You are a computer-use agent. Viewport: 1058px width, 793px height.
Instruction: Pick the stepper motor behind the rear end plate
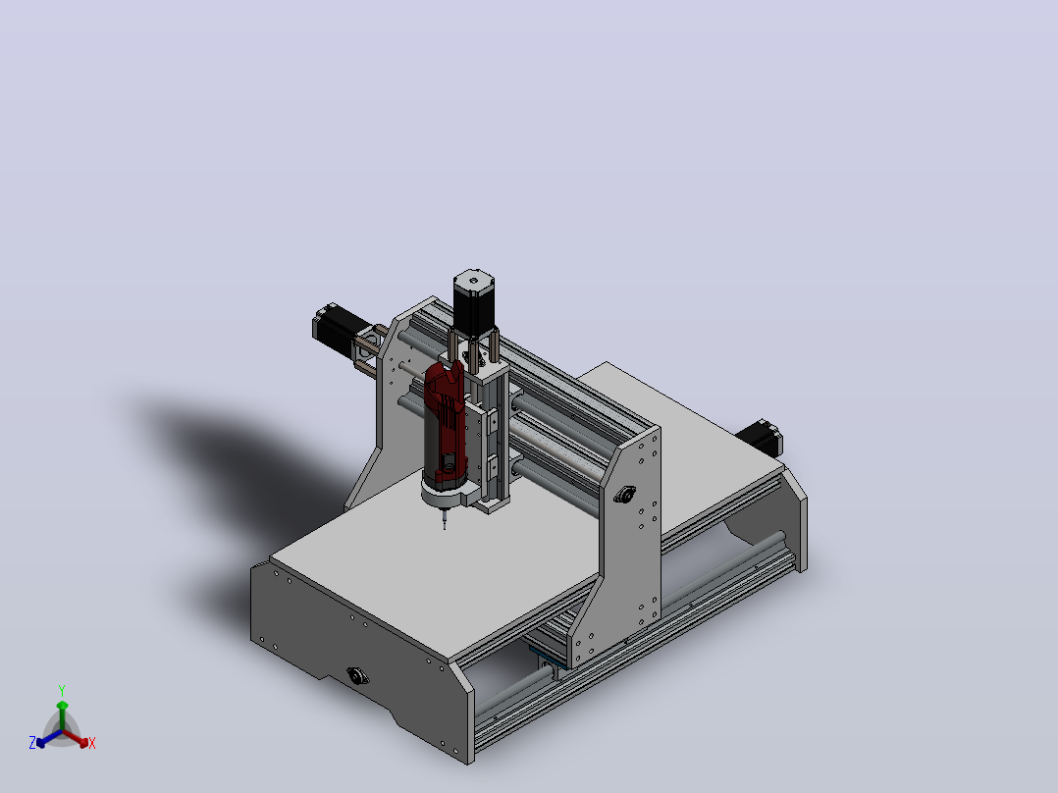click(761, 439)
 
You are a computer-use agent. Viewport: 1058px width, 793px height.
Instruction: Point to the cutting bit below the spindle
click(444, 519)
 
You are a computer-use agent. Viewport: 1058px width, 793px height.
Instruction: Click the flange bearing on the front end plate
click(357, 675)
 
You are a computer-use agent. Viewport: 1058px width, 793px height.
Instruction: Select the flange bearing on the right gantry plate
click(625, 495)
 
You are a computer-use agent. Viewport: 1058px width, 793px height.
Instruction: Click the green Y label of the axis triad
click(62, 690)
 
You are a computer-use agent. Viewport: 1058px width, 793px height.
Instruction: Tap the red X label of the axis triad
click(92, 743)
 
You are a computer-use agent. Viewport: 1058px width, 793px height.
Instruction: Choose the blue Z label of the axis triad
click(31, 742)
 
